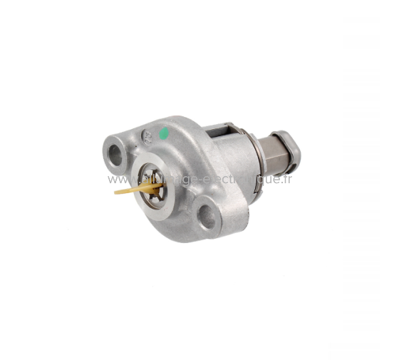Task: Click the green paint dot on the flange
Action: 164,133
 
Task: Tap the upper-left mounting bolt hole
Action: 113,150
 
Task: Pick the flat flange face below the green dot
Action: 178,153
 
